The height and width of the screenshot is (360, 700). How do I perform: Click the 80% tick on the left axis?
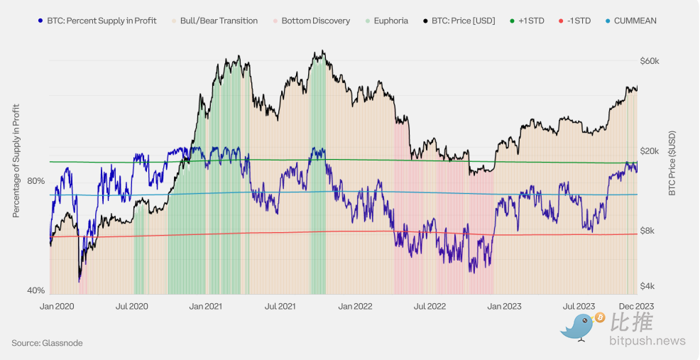pos(36,181)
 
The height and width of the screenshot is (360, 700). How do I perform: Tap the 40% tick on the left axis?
pos(36,290)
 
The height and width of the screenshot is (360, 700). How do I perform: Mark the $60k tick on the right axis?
pos(650,61)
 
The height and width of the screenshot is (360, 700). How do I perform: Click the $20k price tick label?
pos(650,151)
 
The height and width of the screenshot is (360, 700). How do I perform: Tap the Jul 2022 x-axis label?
pos(430,307)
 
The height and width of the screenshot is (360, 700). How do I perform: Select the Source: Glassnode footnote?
pos(47,343)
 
